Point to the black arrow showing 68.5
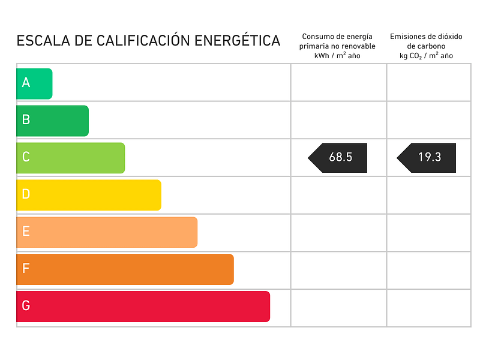pyautogui.click(x=338, y=158)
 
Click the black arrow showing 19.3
pyautogui.click(x=427, y=158)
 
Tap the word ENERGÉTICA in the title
pyautogui.click(x=237, y=41)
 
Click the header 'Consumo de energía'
pyautogui.click(x=337, y=37)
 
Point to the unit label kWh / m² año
pyautogui.click(x=337, y=56)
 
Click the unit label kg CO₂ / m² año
pyautogui.click(x=426, y=56)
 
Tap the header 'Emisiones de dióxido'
pyautogui.click(x=426, y=37)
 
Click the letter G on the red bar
pyautogui.click(x=26, y=306)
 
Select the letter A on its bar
pyautogui.click(x=26, y=83)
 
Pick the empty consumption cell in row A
pyautogui.click(x=338, y=83)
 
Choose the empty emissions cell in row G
pyautogui.click(x=428, y=308)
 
